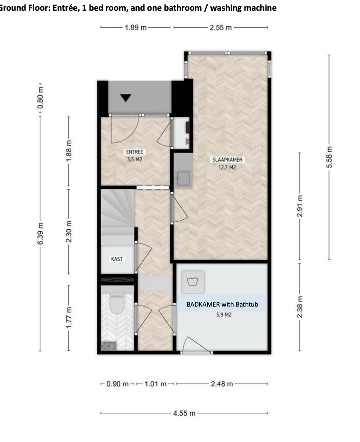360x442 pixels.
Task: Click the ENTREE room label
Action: [x=135, y=152]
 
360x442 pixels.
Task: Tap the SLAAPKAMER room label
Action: [x=227, y=160]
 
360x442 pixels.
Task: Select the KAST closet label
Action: [x=117, y=259]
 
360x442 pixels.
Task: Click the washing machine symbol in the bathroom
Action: [x=193, y=281]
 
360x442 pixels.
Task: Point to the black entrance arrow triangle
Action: [x=126, y=98]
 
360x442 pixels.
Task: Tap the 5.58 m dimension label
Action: [x=329, y=157]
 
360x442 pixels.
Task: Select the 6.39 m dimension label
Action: [x=40, y=234]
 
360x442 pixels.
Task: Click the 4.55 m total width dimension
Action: [x=184, y=413]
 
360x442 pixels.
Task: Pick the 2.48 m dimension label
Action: [x=222, y=384]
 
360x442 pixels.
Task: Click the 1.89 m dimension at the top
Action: [x=136, y=27]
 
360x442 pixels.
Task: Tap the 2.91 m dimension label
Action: [x=300, y=206]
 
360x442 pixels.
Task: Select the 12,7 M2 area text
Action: [x=227, y=167]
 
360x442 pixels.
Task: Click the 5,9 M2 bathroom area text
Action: [x=224, y=314]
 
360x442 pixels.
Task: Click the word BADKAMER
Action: [x=203, y=304]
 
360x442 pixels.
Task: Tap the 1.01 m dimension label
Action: [x=155, y=384]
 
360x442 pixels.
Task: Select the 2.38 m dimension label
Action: [x=300, y=307]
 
